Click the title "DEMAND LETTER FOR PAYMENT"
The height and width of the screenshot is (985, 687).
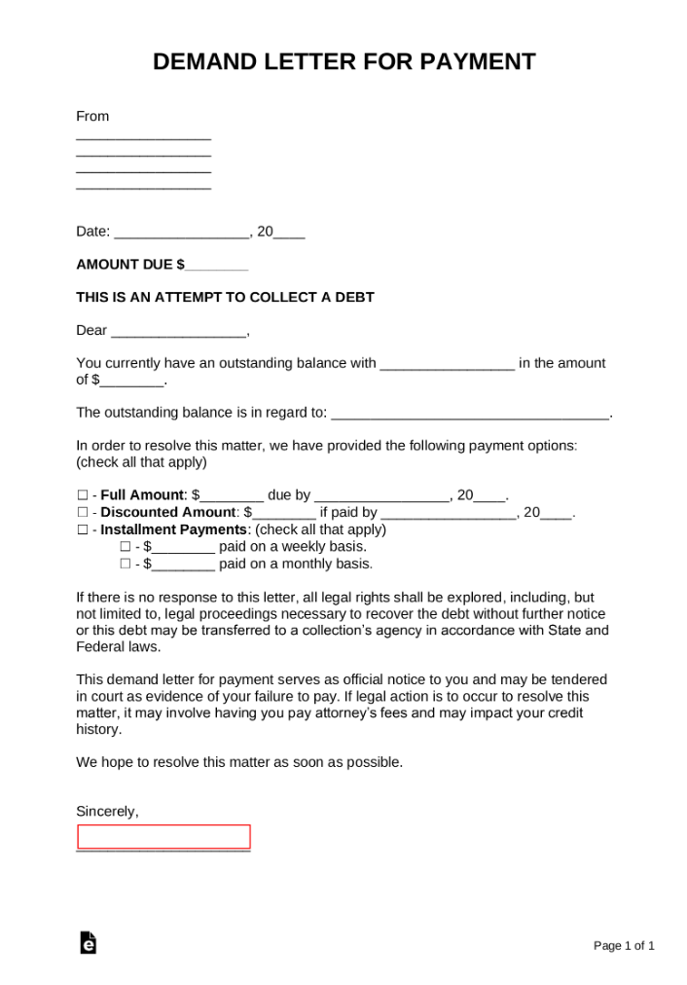click(x=343, y=62)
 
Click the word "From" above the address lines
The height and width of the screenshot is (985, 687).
click(x=92, y=116)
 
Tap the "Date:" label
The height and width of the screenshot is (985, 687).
click(x=93, y=232)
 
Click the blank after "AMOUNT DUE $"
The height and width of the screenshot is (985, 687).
click(x=216, y=265)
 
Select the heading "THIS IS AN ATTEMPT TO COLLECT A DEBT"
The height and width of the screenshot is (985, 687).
click(x=225, y=297)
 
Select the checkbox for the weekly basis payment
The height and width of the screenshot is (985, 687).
click(x=125, y=547)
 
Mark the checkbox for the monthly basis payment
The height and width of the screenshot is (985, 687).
click(x=125, y=565)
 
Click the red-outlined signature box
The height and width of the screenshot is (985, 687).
click(x=163, y=837)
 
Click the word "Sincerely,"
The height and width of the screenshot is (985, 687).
click(x=107, y=811)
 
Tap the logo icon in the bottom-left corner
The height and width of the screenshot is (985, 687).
click(x=88, y=942)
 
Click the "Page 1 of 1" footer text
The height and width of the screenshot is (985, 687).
click(x=624, y=945)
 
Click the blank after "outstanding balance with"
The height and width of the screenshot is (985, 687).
click(x=447, y=364)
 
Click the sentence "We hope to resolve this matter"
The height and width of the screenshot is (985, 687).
click(x=238, y=762)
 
